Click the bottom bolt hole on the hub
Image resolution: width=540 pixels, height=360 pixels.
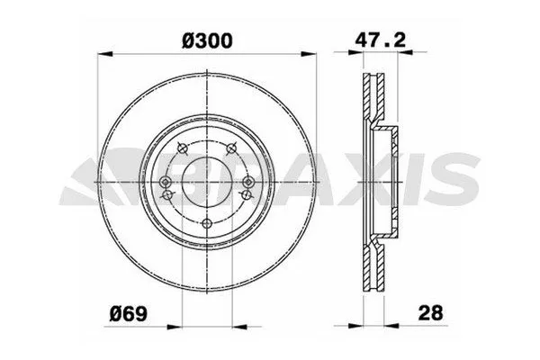click(208, 224)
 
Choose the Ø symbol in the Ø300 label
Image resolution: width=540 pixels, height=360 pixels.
click(188, 39)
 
